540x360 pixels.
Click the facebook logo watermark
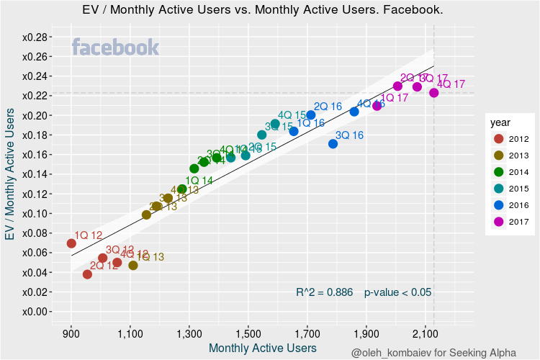coord(115,48)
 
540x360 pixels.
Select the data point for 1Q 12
coord(71,243)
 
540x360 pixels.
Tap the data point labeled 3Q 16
coord(333,144)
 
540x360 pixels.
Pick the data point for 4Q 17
coord(433,93)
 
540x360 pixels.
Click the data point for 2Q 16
coord(311,115)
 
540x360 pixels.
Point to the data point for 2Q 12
coord(87,274)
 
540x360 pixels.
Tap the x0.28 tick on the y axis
coord(35,37)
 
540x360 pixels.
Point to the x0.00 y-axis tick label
coord(35,312)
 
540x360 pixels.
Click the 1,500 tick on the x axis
coord(248,334)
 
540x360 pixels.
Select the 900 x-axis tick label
coord(71,334)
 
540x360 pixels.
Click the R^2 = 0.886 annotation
coord(324,292)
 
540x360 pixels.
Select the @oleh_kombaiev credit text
coord(433,352)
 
